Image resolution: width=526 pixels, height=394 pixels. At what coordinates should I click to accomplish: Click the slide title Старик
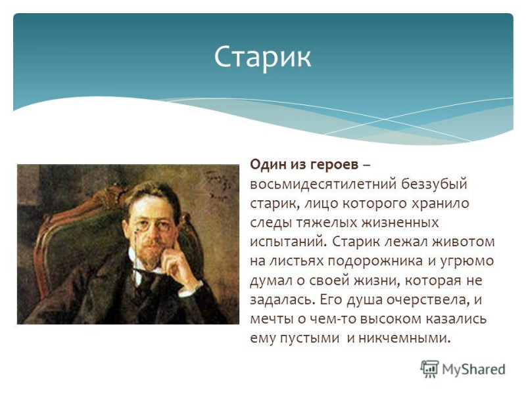tap(262, 57)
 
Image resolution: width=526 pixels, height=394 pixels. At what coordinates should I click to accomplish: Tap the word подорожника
tap(375, 261)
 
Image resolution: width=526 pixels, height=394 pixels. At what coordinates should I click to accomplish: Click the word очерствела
tap(426, 300)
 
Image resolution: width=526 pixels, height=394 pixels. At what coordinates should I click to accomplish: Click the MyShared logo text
tap(473, 369)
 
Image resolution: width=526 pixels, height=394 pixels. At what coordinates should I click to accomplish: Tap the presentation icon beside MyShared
tap(429, 368)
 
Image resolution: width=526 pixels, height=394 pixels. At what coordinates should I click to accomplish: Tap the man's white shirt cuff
tap(190, 289)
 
